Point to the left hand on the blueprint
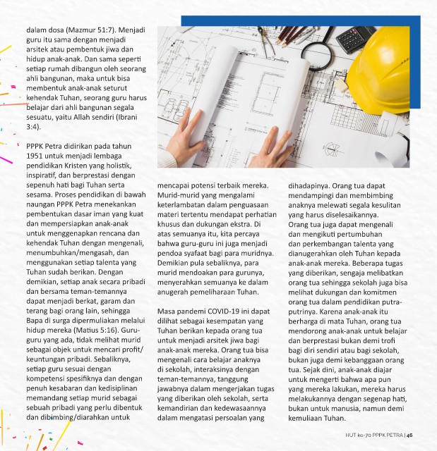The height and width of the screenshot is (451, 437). [186, 141]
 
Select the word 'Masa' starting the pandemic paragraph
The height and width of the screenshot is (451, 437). [167, 311]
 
